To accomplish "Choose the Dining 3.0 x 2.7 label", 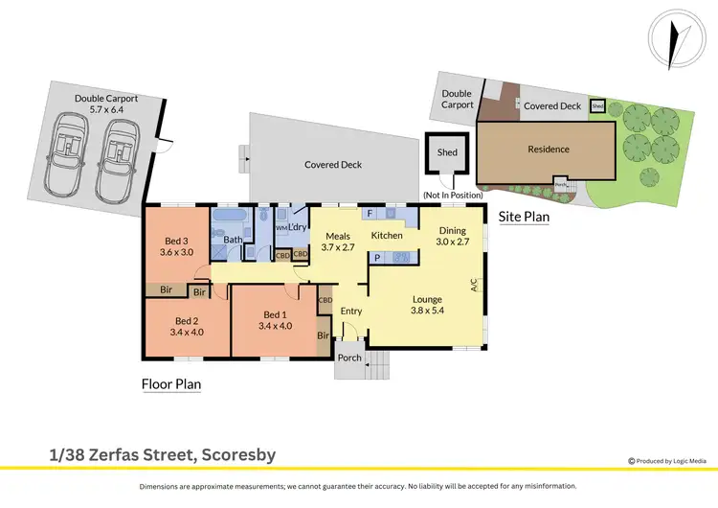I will coord(453,237).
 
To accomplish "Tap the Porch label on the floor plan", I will coord(350,358).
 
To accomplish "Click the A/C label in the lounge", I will coord(473,285).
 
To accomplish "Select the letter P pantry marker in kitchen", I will coord(377,257).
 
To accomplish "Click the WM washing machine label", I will coord(281,228).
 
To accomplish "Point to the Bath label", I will coord(234,240).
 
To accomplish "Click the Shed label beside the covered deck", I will coord(447,152).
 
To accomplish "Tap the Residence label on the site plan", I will coord(549,150).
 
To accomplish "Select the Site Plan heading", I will coord(525,218).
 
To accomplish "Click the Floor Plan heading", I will coord(170,385).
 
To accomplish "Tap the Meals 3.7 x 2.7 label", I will coord(341,242).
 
